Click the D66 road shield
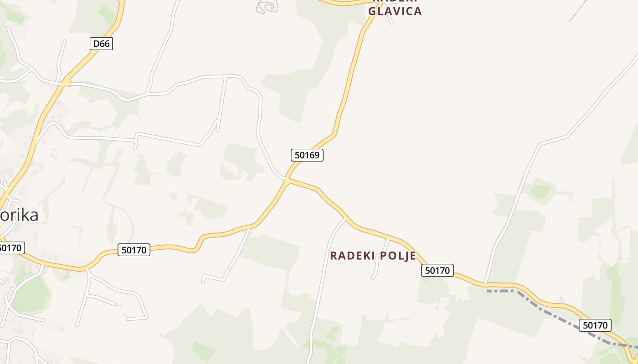point(101,44)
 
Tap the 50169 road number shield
point(307,155)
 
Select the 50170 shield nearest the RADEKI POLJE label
point(437,270)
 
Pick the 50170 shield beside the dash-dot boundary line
point(595,325)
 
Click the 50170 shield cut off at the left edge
point(10,248)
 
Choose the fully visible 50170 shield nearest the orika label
point(134,250)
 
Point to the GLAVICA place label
point(395,11)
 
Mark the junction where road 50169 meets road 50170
point(287,181)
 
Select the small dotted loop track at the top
point(267,6)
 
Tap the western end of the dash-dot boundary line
point(489,291)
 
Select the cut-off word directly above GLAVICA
point(395,2)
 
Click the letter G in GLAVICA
point(372,11)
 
